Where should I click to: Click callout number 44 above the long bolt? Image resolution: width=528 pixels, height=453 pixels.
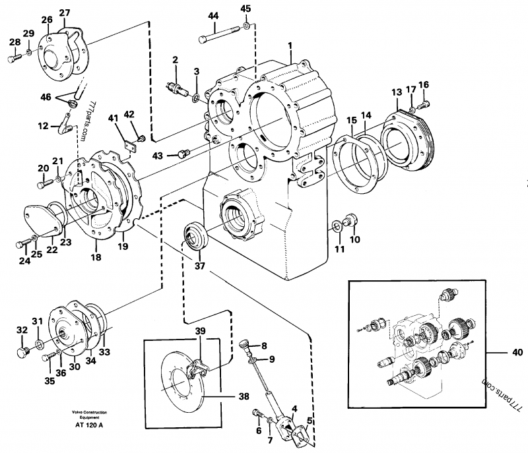point(213,15)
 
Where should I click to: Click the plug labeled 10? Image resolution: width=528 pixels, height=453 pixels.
point(350,220)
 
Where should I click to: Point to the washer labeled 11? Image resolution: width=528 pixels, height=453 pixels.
point(336,227)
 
